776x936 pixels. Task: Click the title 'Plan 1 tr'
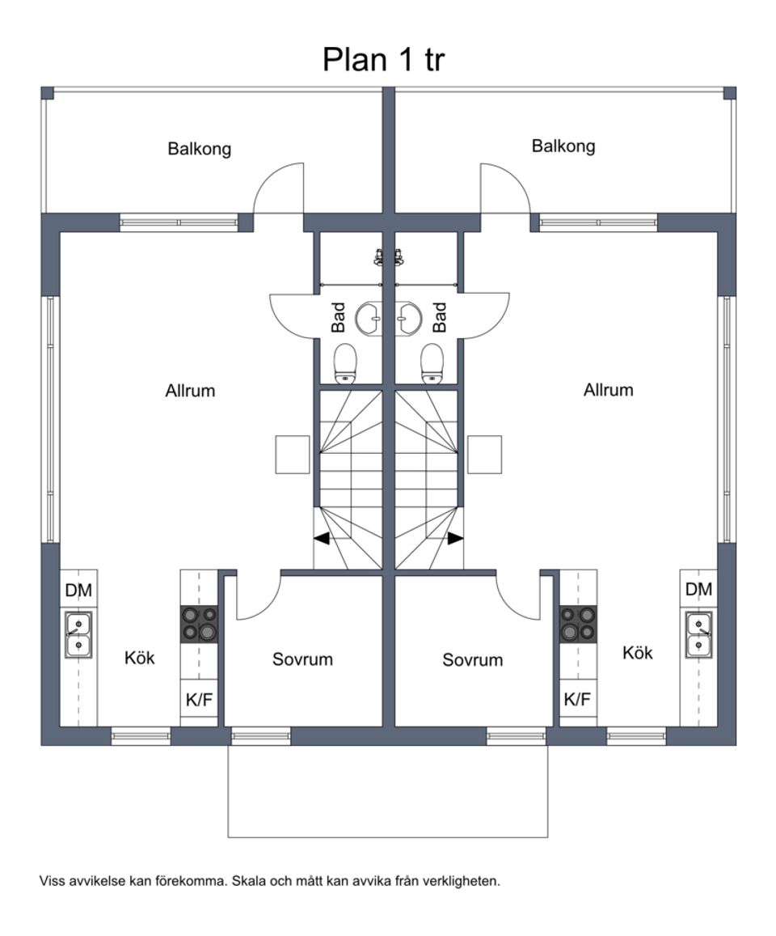[383, 59]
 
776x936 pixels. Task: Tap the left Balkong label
[200, 149]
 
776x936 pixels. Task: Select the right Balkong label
[563, 146]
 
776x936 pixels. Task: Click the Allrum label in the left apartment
[190, 391]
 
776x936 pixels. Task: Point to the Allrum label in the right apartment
[609, 390]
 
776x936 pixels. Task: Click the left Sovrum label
[302, 659]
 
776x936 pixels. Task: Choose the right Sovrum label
[473, 660]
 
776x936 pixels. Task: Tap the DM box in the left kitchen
[78, 591]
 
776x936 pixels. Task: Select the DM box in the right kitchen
[699, 590]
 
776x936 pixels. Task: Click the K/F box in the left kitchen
[199, 700]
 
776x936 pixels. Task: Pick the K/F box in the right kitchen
[577, 700]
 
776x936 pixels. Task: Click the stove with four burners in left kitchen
[199, 624]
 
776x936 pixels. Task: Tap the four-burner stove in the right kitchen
[578, 624]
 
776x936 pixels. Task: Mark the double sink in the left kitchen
[78, 634]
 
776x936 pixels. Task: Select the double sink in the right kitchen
[699, 634]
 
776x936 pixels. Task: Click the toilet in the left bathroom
[346, 362]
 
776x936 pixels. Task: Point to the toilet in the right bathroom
[432, 362]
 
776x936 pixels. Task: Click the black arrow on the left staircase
[322, 538]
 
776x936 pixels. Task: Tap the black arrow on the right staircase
[456, 538]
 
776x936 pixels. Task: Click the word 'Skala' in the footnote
[247, 881]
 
